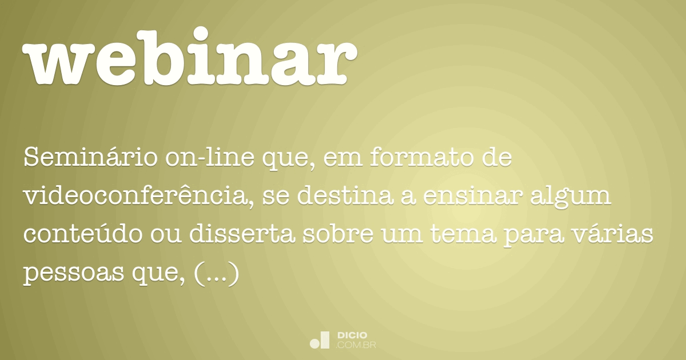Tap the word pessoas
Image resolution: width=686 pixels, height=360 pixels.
[x=71, y=275]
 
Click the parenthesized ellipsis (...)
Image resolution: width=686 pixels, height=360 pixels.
[x=216, y=275]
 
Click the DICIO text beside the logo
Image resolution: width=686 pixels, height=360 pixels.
[x=352, y=335]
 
